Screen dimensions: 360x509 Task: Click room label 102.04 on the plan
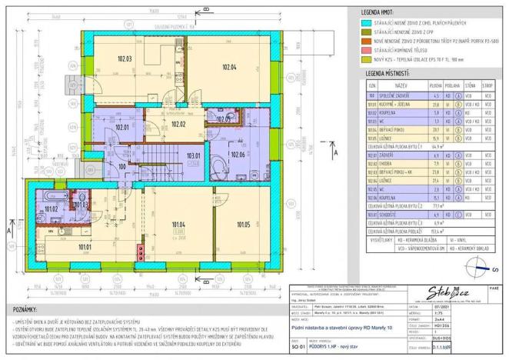228,67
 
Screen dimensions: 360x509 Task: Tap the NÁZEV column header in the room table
401,85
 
